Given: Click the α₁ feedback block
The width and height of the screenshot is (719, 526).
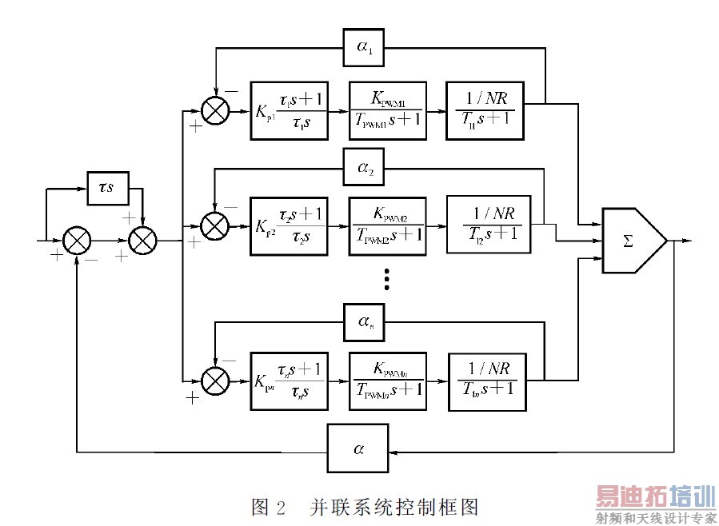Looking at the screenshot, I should (x=364, y=48).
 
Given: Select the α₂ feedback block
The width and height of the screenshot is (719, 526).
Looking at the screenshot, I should (x=364, y=169).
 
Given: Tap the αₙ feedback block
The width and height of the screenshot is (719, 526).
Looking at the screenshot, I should (x=364, y=321).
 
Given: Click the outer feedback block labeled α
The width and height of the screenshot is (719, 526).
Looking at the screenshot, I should (x=358, y=449).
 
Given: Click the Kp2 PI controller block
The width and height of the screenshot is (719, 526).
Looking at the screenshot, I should (x=289, y=225).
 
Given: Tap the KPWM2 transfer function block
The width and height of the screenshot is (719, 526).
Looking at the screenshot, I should (x=387, y=225).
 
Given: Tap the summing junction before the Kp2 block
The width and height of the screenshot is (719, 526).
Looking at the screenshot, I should (x=214, y=226).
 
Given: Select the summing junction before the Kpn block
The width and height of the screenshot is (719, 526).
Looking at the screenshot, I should (x=214, y=378).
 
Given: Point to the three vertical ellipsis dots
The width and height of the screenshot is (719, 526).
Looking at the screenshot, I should (x=386, y=277).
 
